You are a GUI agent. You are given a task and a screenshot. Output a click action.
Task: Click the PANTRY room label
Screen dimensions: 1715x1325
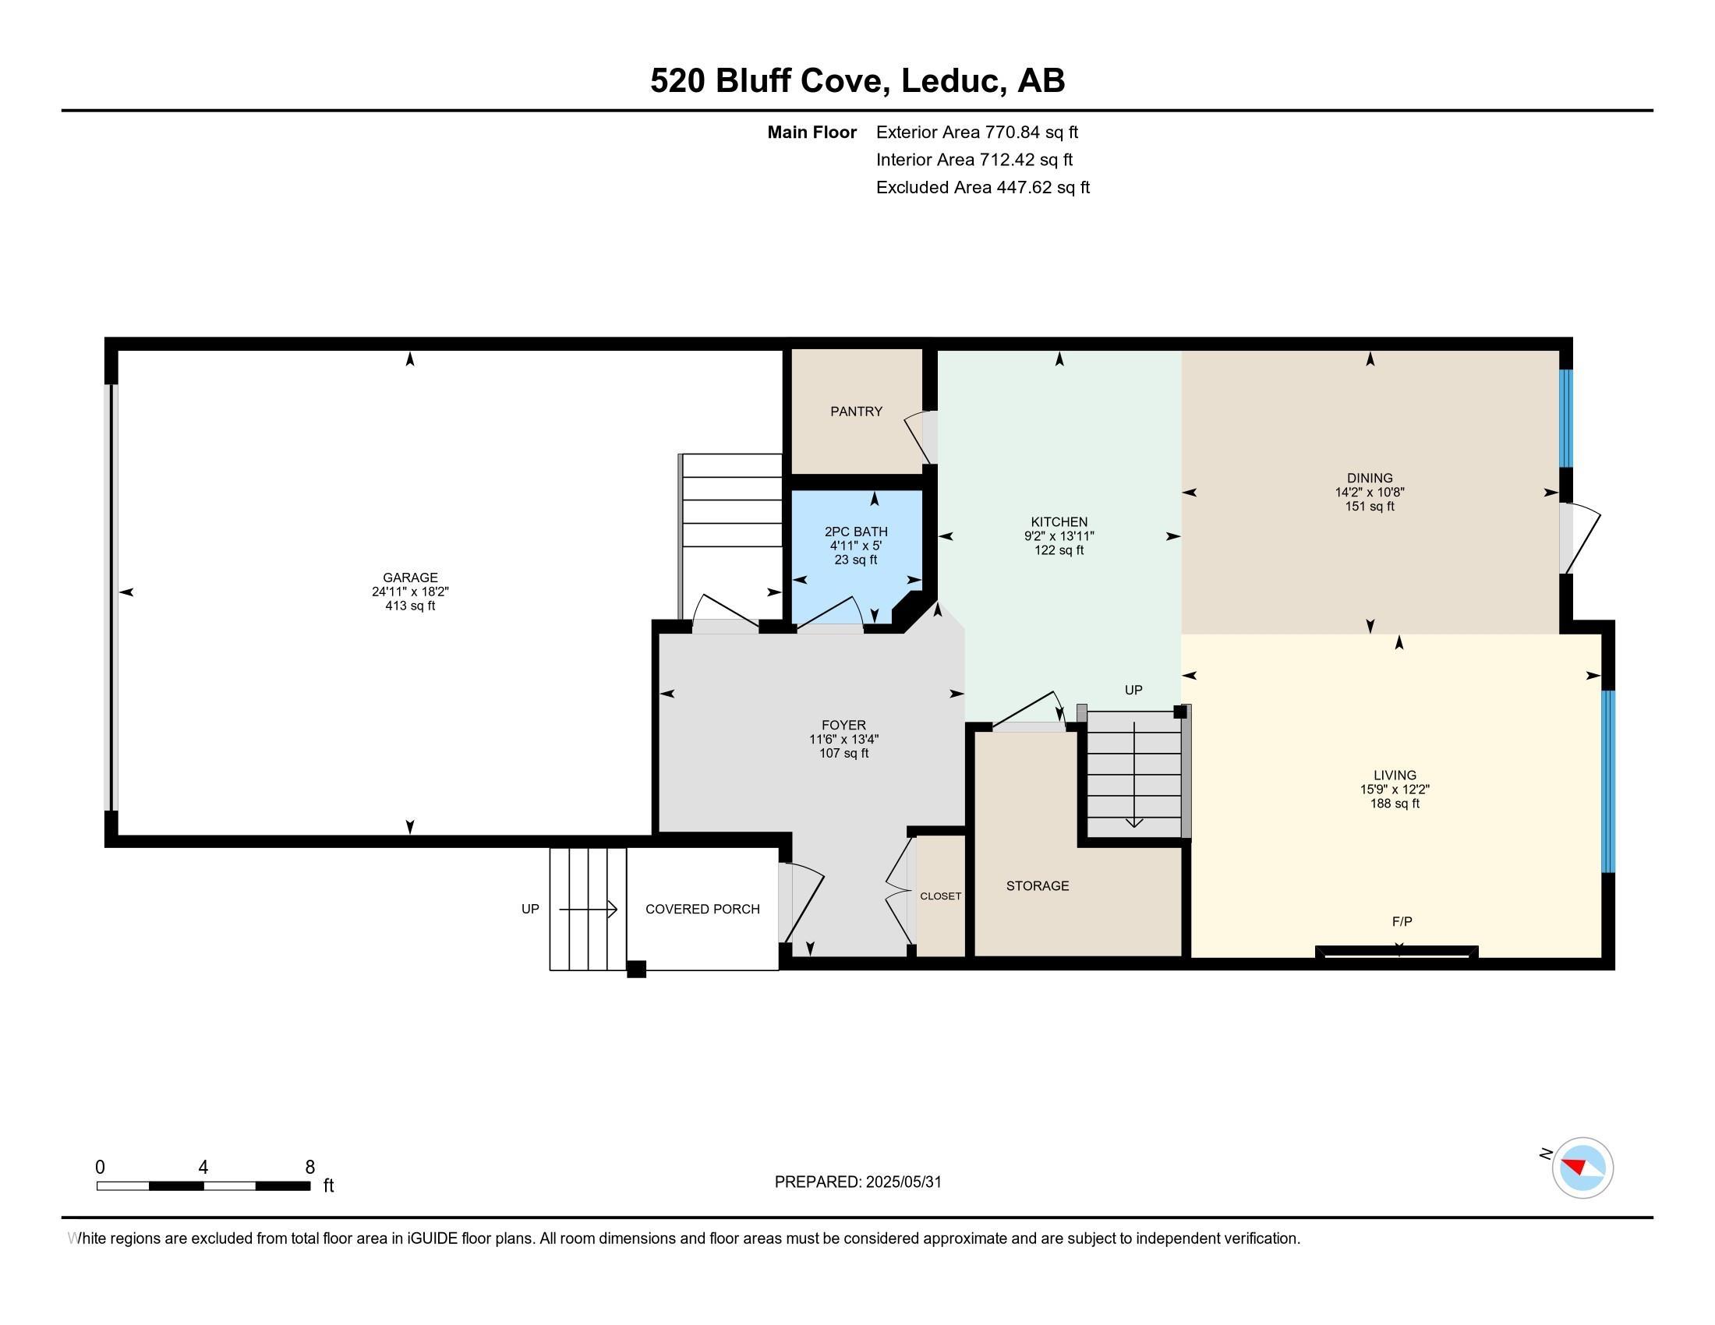(x=856, y=412)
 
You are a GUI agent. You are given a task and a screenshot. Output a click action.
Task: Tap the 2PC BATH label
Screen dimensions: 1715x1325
(x=856, y=532)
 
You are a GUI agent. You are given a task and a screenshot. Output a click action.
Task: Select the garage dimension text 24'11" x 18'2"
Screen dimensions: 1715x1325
(x=410, y=592)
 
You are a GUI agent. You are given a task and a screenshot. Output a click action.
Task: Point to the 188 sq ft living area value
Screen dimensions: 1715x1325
(x=1395, y=803)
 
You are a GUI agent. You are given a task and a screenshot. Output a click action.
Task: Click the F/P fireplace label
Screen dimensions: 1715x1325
(x=1402, y=920)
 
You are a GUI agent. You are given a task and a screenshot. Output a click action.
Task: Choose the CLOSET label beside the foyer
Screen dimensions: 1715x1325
(x=940, y=896)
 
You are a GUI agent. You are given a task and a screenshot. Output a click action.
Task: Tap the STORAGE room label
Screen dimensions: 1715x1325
(x=1038, y=885)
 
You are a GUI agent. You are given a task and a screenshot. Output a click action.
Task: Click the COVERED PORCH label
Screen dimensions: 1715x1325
(x=702, y=909)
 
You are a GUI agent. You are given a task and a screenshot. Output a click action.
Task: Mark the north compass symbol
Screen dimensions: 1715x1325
(x=1582, y=1168)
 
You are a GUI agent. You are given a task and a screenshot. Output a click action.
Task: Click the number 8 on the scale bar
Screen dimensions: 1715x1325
(x=310, y=1167)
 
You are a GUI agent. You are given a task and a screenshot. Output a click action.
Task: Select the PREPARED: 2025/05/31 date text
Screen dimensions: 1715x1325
(x=857, y=1182)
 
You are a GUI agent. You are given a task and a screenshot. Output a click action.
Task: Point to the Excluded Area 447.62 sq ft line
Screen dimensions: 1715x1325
(x=982, y=187)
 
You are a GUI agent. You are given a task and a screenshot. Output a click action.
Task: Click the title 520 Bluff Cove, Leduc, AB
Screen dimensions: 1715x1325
(x=857, y=80)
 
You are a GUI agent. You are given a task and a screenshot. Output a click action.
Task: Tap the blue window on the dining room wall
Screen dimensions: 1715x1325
(x=1566, y=418)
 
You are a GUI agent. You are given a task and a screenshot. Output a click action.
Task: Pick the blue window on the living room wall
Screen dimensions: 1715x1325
(x=1608, y=781)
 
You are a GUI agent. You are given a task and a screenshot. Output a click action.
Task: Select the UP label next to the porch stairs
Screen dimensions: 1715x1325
(x=530, y=909)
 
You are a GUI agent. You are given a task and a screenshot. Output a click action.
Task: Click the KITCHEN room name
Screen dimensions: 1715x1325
(x=1059, y=522)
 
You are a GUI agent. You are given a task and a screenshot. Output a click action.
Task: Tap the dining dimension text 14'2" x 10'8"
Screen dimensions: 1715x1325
(x=1370, y=492)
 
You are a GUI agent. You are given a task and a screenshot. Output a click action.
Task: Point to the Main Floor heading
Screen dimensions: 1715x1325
(x=812, y=132)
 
